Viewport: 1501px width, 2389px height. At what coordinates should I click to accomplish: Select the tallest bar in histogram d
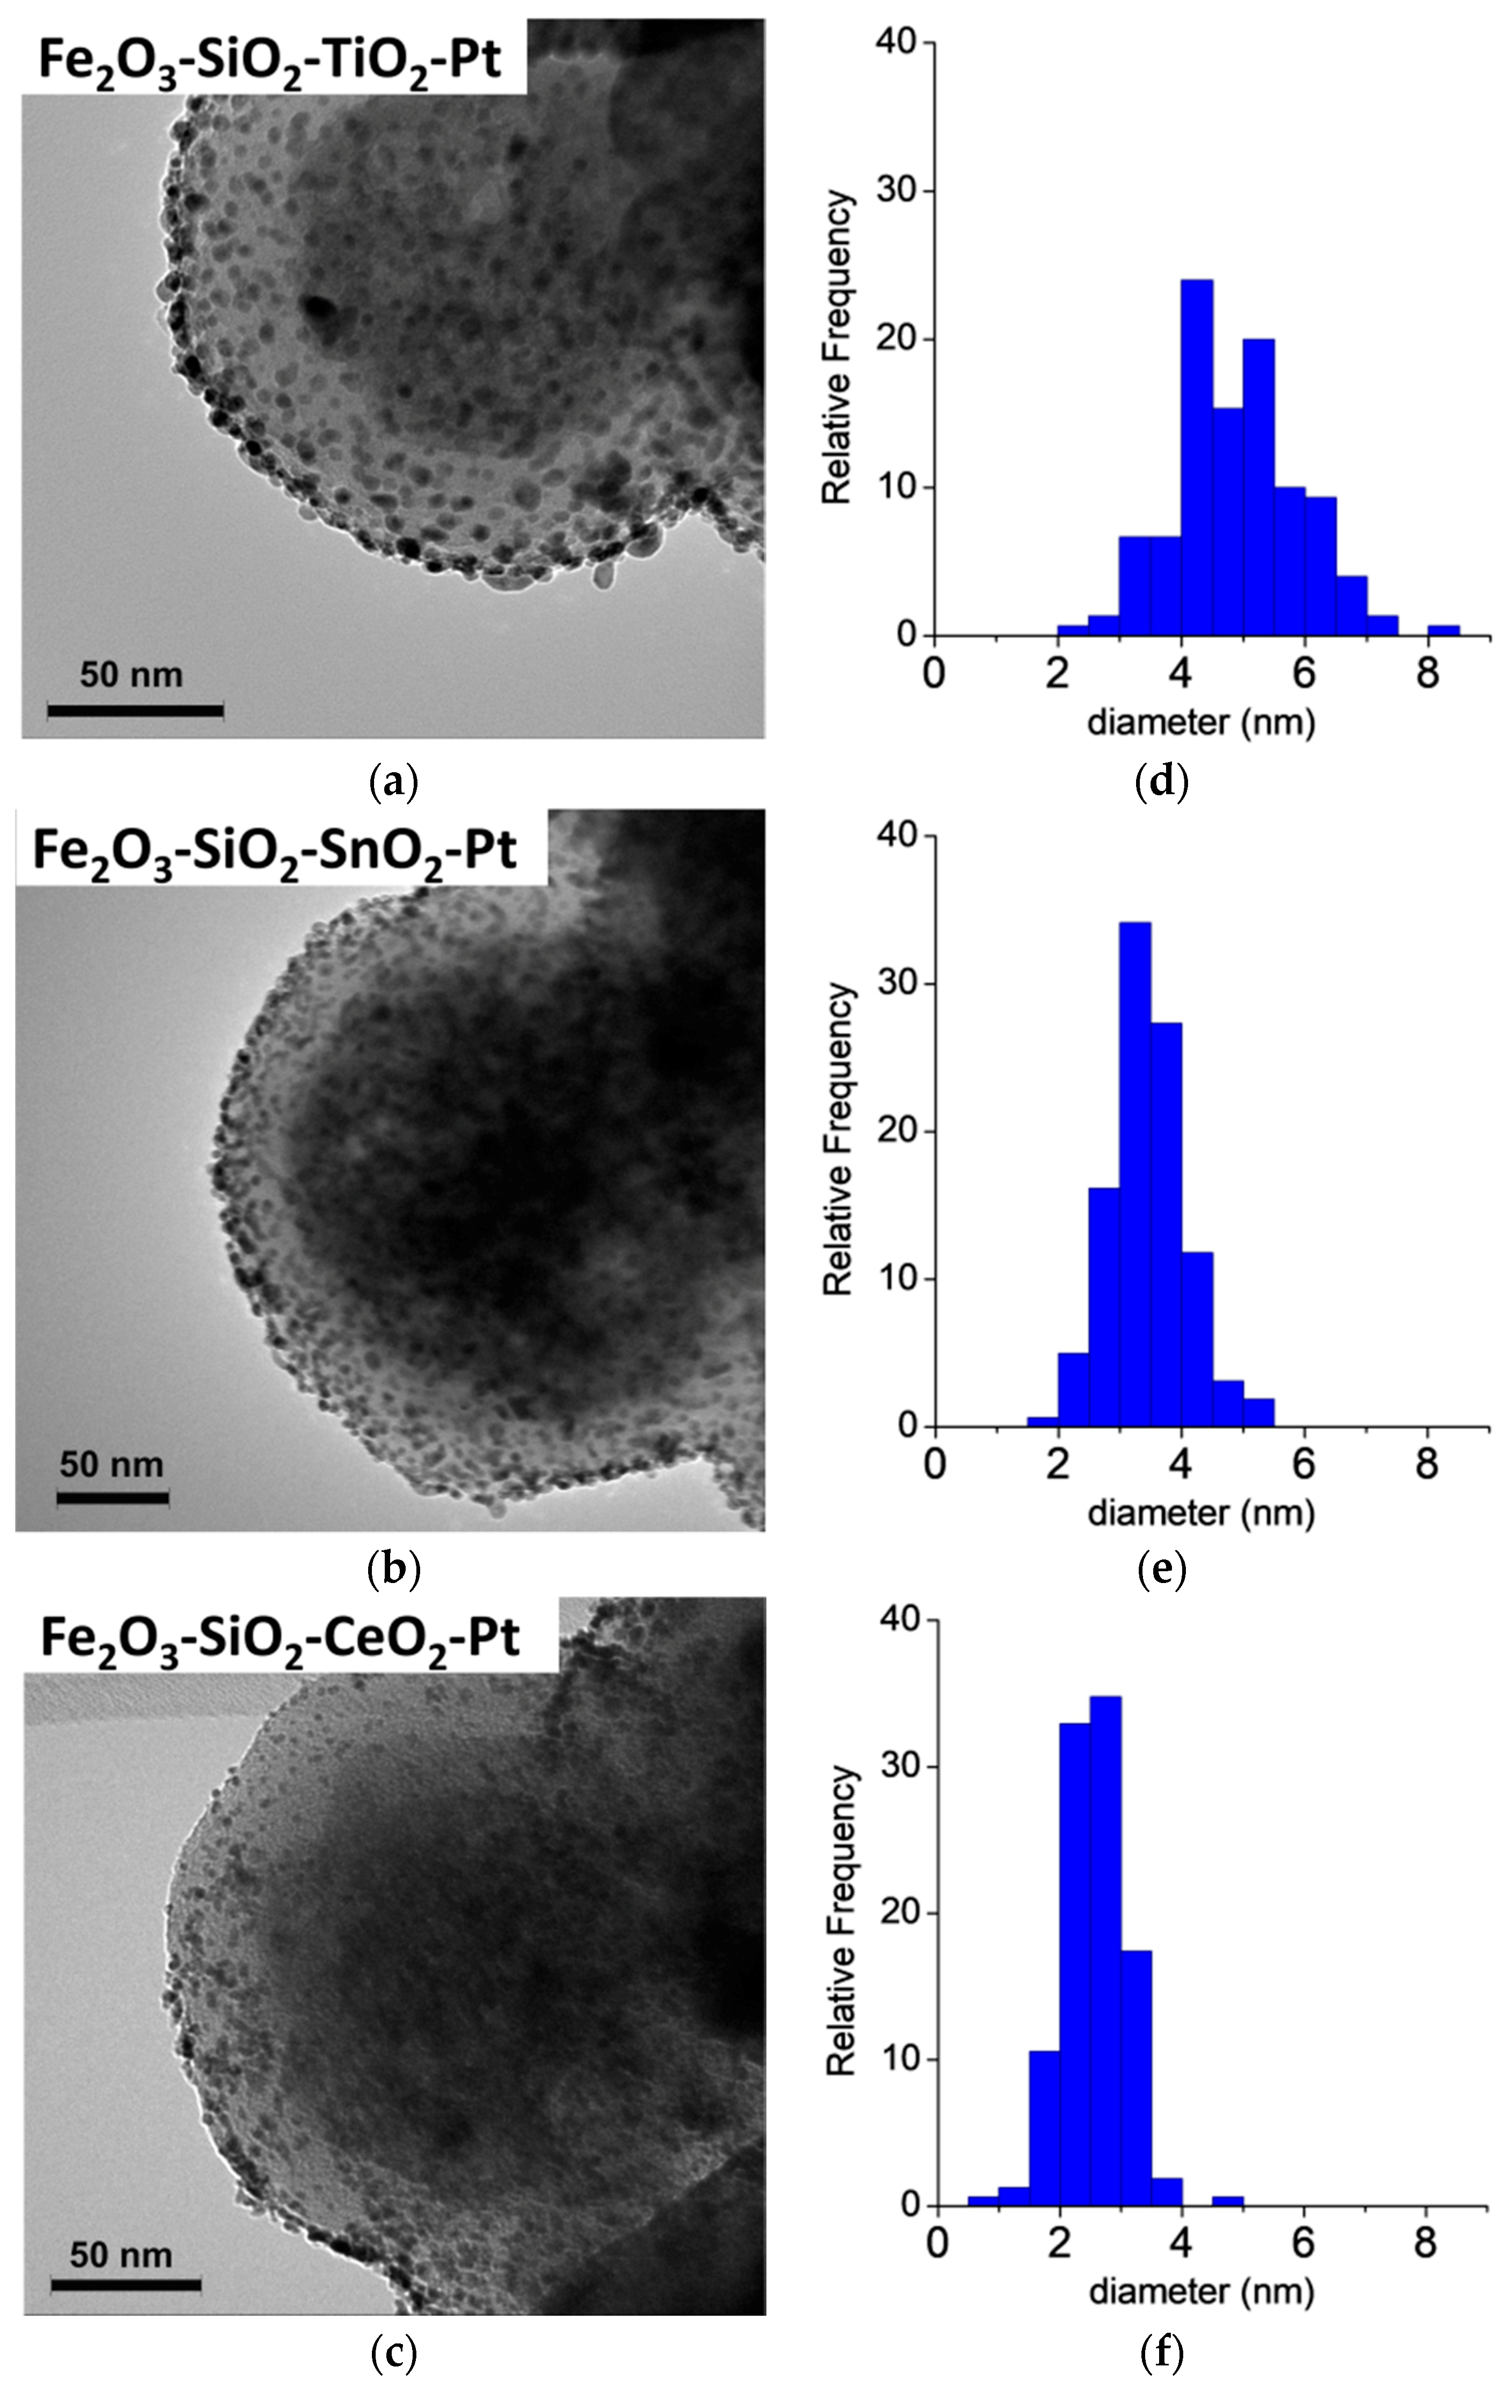1197,457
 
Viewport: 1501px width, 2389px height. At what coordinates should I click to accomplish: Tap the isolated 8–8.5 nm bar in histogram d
1443,630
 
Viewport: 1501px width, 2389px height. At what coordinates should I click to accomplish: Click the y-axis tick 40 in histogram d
896,43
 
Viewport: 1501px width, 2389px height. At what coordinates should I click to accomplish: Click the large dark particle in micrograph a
319,310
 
